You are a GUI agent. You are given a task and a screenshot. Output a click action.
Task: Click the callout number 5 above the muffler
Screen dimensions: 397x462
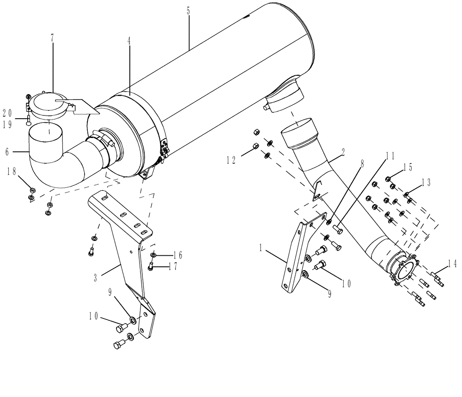pos(188,11)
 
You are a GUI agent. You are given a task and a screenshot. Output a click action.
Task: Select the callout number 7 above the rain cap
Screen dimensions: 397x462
pos(53,37)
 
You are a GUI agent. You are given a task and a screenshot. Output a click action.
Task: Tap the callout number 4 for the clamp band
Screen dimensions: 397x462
pos(129,41)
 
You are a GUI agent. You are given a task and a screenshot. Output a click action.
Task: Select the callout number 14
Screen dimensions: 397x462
pos(452,264)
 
